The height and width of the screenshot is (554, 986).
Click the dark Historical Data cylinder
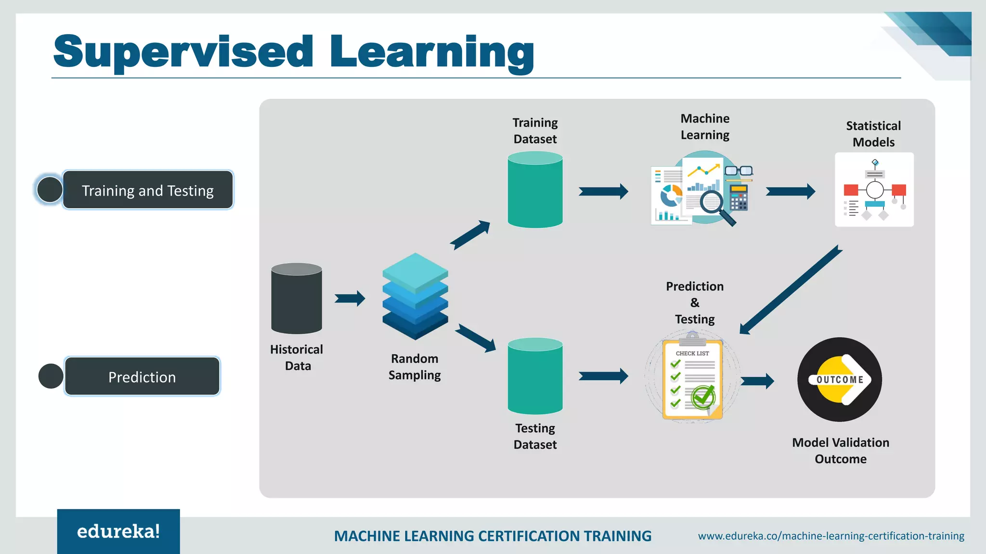297,299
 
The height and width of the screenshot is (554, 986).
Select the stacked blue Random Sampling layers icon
415,296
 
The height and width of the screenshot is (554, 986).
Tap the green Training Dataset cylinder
535,190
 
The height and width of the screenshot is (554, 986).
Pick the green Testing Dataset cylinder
535,377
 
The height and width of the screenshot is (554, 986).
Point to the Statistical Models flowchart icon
874,190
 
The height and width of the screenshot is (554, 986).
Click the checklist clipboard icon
692,379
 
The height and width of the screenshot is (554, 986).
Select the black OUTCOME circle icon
840,379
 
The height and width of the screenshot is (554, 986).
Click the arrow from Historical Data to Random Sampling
350,298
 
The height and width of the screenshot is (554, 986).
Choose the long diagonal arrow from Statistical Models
791,290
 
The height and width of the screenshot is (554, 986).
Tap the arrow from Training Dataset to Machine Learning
603,191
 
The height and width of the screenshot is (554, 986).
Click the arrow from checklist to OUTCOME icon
757,381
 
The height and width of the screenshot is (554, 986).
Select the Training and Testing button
148,190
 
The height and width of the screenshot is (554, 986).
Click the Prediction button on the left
142,377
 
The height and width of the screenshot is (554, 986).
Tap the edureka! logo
118,531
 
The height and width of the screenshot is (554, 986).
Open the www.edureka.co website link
831,536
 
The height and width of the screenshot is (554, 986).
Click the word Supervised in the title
183,52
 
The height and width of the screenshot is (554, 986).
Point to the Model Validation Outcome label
841,451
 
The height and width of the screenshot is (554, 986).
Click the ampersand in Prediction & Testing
695,303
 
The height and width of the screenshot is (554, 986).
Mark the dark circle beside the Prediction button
51,376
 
